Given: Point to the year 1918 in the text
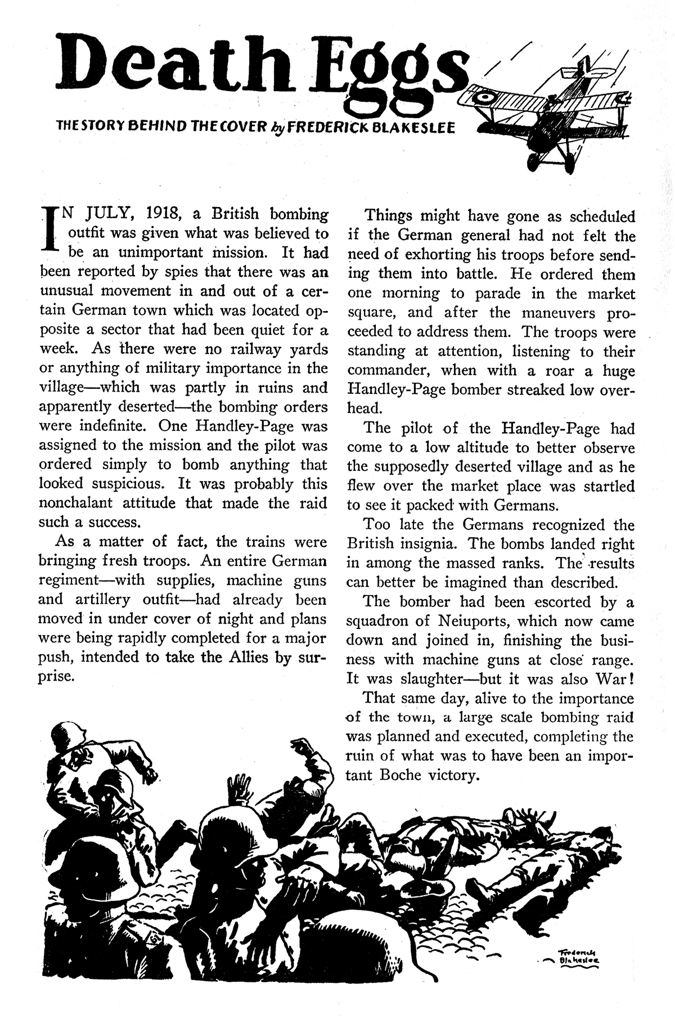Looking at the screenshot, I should (x=163, y=214).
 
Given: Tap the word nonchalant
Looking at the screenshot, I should (x=80, y=502).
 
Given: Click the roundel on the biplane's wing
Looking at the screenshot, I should (x=484, y=100).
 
